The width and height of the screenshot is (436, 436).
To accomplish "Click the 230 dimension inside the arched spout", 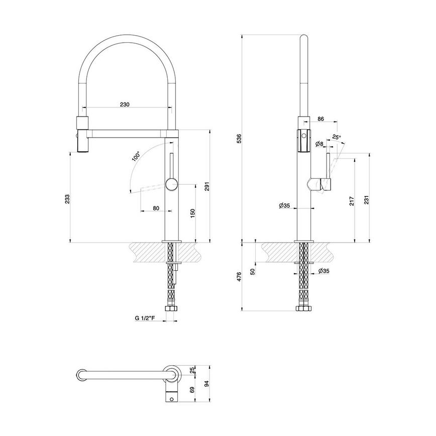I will coord(125,104).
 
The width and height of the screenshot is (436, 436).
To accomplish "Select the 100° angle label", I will coord(136,156).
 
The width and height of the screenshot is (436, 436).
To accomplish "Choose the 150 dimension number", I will coord(193,213).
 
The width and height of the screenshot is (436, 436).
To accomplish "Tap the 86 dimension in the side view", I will coord(320,120).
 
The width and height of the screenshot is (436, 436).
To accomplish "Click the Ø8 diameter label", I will coord(318,144).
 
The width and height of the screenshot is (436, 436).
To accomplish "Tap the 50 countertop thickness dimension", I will coord(253,271).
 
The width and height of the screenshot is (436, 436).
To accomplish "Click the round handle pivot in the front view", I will coord(171,185).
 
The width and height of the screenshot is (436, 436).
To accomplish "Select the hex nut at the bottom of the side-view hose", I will coord(304,308).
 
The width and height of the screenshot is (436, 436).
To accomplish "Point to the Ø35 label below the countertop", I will coord(323,272).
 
